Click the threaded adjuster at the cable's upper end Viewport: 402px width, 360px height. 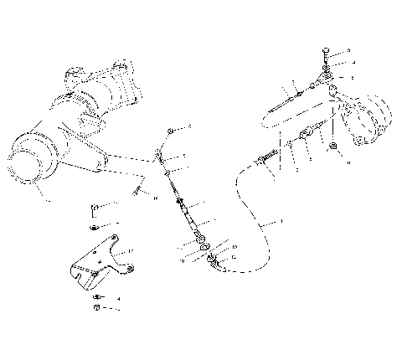[269, 157]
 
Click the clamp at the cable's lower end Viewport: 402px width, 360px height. [215, 263]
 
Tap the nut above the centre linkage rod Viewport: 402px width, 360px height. [171, 131]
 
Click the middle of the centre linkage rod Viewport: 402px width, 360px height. [181, 204]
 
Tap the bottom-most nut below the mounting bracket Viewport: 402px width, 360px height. [96, 308]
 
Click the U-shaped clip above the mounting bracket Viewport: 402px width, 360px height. [94, 207]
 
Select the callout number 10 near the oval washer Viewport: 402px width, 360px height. [234, 247]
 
